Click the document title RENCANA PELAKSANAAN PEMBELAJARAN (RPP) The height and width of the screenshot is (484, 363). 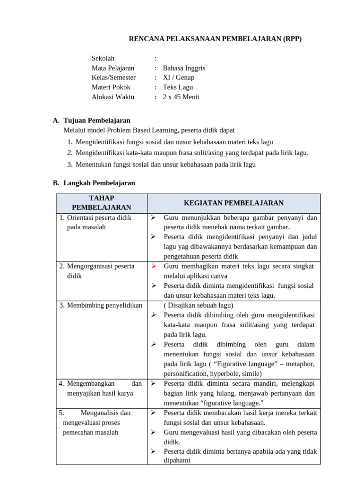click(x=215, y=39)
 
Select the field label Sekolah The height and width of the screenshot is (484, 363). click(x=103, y=58)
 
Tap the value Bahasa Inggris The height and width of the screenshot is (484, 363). click(x=184, y=68)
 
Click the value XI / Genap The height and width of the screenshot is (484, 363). click(x=178, y=78)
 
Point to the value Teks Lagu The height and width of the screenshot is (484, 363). click(x=178, y=87)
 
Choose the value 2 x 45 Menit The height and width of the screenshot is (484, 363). click(x=181, y=97)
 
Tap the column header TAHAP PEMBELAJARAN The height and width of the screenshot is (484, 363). click(x=101, y=203)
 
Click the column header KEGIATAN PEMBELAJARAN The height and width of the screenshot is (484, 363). click(x=233, y=203)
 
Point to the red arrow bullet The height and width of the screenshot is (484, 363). click(x=154, y=266)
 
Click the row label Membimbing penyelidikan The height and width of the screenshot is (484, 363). click(x=104, y=305)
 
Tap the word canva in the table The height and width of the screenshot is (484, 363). click(x=218, y=276)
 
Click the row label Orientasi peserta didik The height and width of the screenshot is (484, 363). click(x=99, y=218)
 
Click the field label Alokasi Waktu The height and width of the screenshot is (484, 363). click(x=112, y=97)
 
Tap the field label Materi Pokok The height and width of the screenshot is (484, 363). click(x=111, y=87)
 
